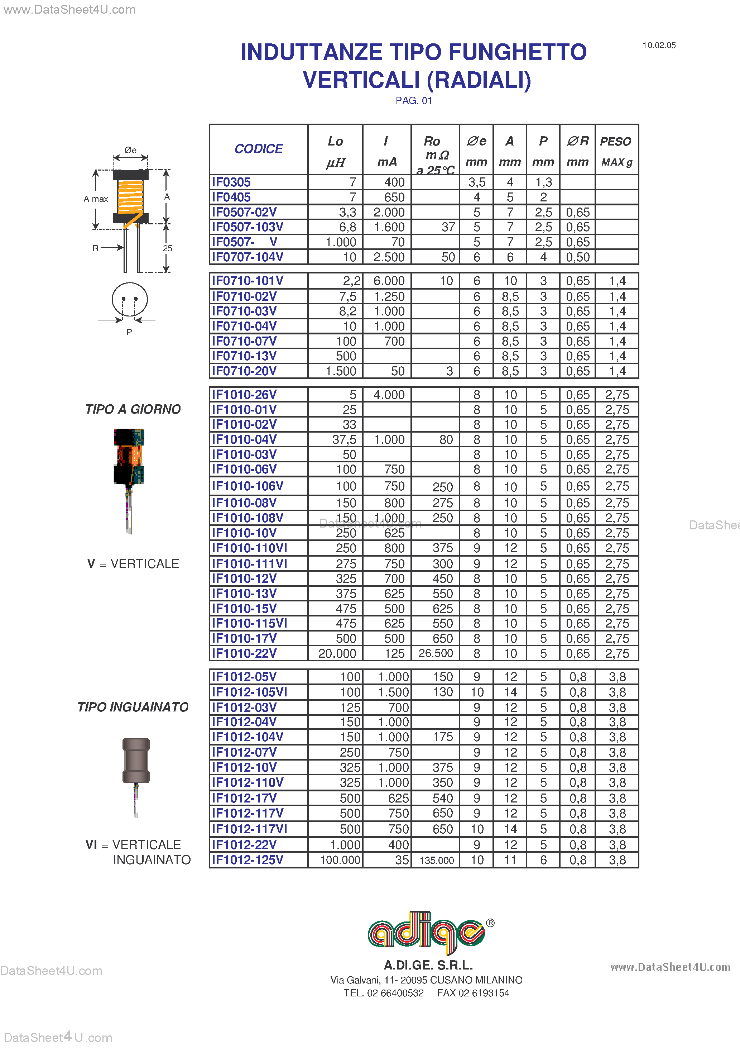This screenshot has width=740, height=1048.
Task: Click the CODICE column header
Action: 258,149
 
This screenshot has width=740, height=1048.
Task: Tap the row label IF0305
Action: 231,182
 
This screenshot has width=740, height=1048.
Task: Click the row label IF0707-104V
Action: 247,257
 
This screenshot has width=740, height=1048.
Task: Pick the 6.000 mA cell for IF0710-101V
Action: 389,281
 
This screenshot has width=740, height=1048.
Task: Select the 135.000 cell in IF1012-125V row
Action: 436,861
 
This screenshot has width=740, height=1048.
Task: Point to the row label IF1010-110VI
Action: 249,548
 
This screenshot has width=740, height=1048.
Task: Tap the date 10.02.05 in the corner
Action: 659,45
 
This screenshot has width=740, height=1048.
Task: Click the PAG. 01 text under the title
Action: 413,100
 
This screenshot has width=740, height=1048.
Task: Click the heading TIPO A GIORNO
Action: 133,409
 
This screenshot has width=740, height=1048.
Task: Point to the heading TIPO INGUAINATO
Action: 133,707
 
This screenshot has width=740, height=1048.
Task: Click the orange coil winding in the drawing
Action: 130,197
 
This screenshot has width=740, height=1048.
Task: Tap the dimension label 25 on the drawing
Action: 167,248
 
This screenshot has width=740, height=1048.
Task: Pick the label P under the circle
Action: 129,332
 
